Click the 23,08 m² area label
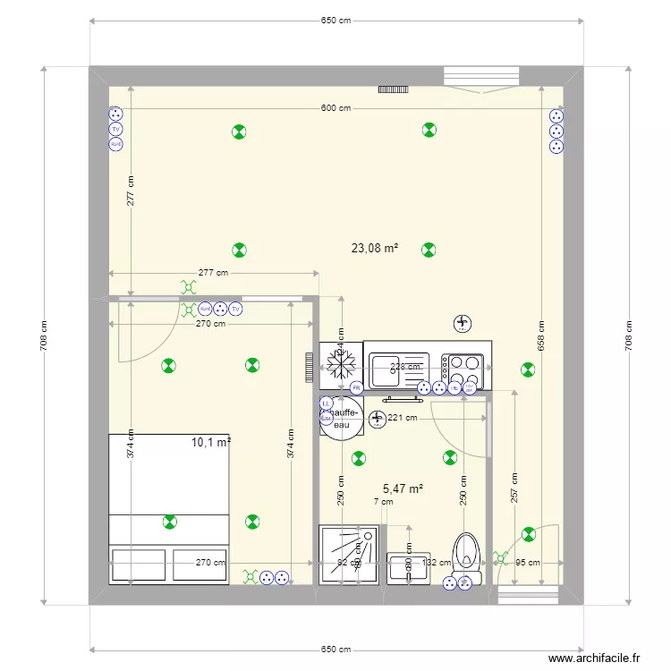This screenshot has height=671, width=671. coord(374,249)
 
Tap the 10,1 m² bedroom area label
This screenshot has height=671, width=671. coord(210,442)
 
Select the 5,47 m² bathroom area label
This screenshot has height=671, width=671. coord(403,488)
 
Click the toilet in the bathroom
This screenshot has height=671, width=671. coord(464,554)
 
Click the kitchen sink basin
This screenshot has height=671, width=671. coord(386,365)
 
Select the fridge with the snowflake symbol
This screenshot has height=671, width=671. coord(340,364)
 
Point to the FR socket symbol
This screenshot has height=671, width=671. coord(356,388)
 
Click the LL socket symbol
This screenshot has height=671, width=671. coord(327,403)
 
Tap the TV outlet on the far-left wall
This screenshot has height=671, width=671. coord(115,129)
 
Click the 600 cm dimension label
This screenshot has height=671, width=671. coord(335,108)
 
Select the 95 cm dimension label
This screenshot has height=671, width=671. coord(528,563)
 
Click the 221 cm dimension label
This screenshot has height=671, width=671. coord(403,418)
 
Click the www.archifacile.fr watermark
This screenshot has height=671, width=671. coord(596,658)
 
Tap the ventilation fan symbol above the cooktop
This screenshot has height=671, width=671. coord(462,323)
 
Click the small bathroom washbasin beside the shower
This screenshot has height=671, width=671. coord(409,567)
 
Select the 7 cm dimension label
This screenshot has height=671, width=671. coord(384,502)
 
